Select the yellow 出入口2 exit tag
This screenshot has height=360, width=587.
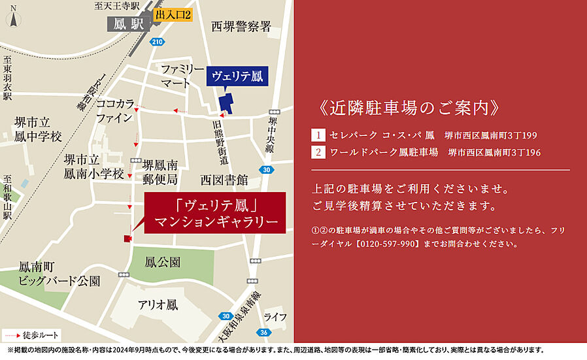(x=173, y=15)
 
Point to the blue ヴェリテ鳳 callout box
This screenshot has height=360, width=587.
(x=236, y=76)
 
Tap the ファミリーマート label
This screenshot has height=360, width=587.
(x=182, y=76)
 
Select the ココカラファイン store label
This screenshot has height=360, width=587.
(x=115, y=111)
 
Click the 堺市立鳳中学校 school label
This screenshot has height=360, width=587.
(x=39, y=129)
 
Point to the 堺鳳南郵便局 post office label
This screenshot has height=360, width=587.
(x=160, y=172)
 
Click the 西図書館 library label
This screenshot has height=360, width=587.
(x=224, y=179)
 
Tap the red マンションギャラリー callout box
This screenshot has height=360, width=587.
(x=216, y=213)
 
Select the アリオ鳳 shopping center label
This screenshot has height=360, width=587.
(x=158, y=304)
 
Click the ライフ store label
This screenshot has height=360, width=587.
(x=275, y=317)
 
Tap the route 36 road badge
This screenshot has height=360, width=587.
(x=263, y=332)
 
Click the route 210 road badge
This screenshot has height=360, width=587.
(x=156, y=42)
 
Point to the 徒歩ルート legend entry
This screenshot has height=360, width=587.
(x=33, y=336)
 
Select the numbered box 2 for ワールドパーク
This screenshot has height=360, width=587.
(x=318, y=152)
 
